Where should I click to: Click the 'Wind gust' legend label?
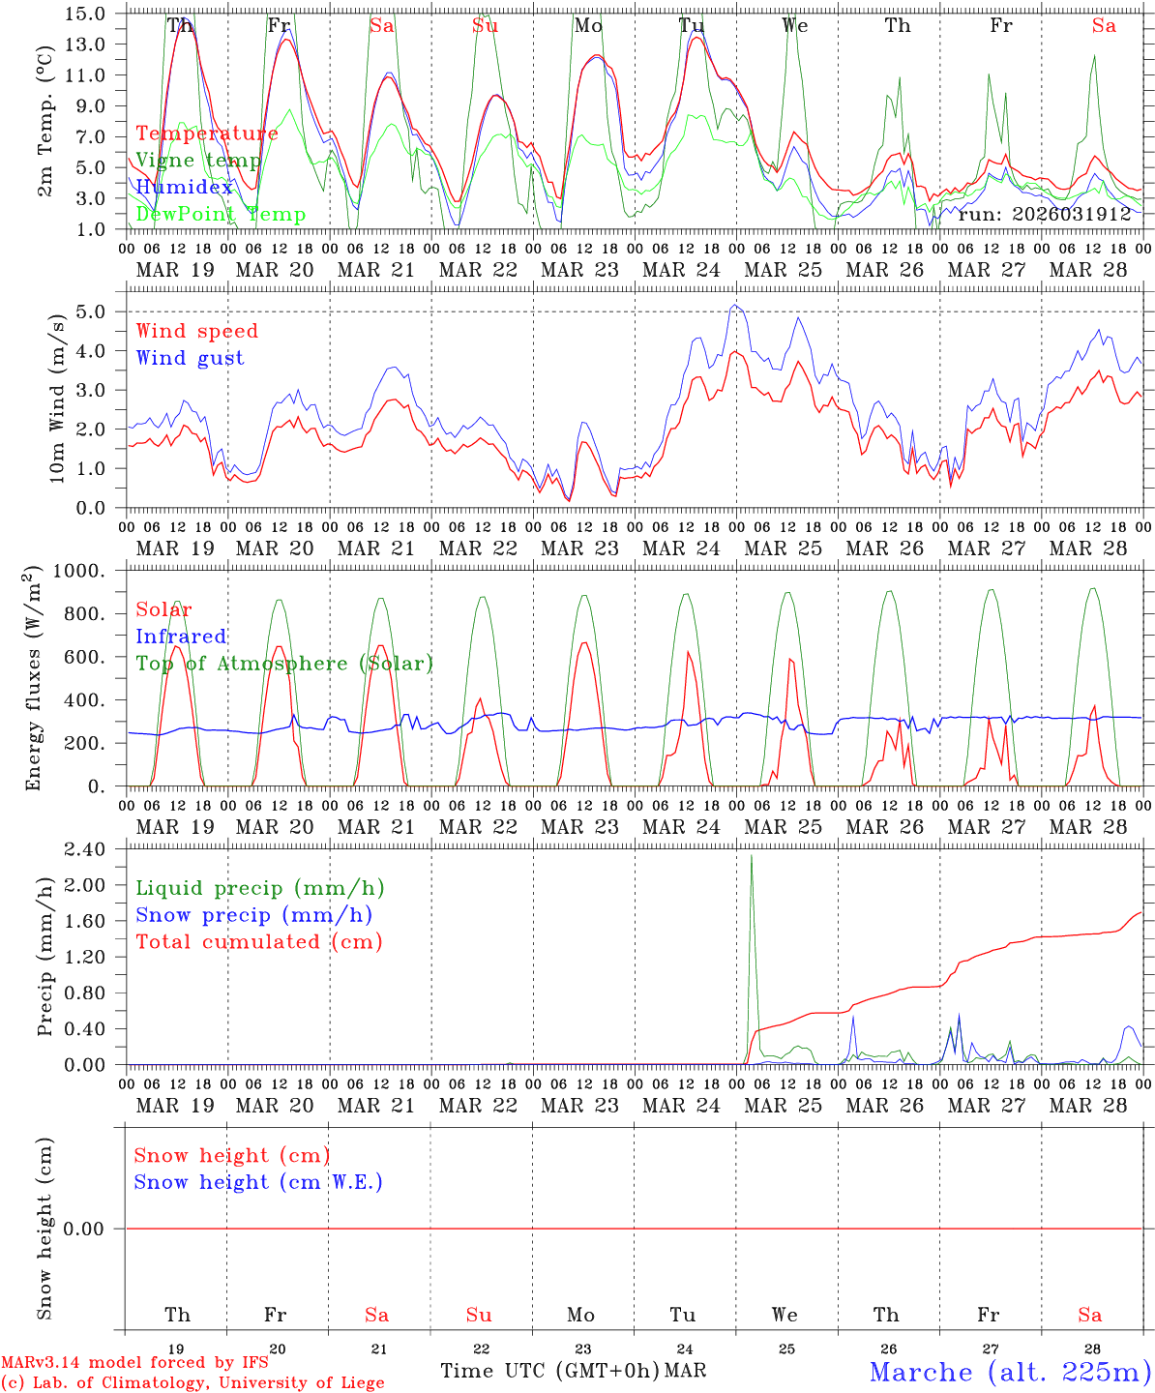point(190,358)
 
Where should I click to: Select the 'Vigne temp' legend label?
point(197,161)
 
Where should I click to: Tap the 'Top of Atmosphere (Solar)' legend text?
point(283,664)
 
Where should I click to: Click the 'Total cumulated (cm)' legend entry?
point(258,941)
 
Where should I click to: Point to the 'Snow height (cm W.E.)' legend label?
point(258,1182)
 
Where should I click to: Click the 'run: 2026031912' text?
point(1044,214)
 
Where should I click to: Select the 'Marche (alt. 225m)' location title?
point(1010,1372)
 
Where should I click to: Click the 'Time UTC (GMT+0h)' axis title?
point(549,1371)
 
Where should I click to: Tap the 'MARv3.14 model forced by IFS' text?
point(134,1363)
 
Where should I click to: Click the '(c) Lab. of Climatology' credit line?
point(192,1383)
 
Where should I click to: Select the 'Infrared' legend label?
point(181,637)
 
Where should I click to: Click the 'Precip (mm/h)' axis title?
point(45,956)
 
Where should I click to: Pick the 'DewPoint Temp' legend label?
point(221,215)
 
